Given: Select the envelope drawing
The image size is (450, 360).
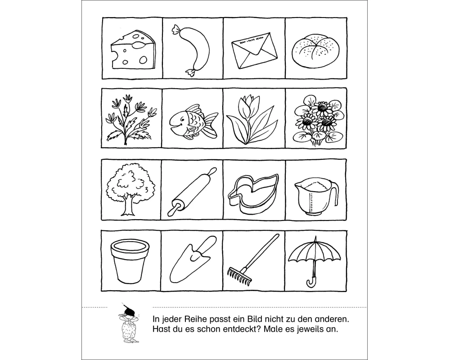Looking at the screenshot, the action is [254, 51].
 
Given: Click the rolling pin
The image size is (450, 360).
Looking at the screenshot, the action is [192, 192].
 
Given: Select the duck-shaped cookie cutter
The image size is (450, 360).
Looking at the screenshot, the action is [254, 193].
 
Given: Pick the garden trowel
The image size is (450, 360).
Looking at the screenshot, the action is [192, 259].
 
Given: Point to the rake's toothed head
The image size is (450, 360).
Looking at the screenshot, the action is [239, 275].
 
